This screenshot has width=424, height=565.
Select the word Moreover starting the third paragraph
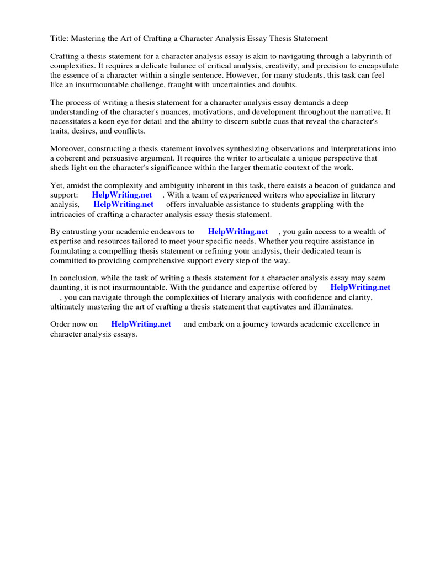pyautogui.click(x=68, y=149)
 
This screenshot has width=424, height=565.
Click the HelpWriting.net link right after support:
pyautogui.click(x=122, y=195)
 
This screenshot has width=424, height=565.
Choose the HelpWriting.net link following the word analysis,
pyautogui.click(x=124, y=205)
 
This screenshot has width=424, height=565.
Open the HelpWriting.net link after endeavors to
pyautogui.click(x=238, y=232)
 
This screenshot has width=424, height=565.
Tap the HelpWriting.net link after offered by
pyautogui.click(x=361, y=287)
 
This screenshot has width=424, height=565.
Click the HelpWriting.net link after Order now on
pyautogui.click(x=141, y=324)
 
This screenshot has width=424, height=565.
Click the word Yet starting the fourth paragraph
pyautogui.click(x=57, y=186)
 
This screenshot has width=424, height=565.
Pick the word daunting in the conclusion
pyautogui.click(x=66, y=287)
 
